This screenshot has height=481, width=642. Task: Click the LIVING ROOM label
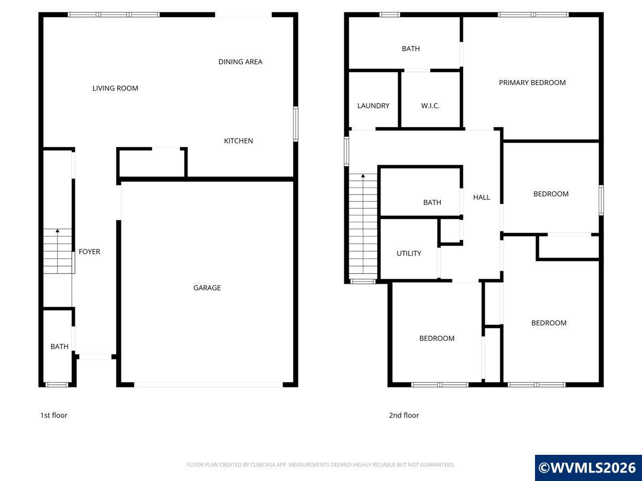[x=115, y=88]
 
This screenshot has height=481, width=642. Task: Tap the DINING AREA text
[x=240, y=61]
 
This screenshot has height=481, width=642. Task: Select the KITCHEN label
[x=239, y=141]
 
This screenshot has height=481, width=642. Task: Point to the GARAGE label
[x=207, y=288]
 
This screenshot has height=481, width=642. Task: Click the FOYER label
[x=89, y=251]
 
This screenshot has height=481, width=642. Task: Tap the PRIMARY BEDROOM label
[x=532, y=83]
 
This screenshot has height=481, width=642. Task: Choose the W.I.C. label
[x=430, y=106]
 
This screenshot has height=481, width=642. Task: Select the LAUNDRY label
[x=373, y=106]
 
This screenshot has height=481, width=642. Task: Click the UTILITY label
[x=409, y=253]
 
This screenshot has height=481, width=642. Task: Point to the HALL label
[x=481, y=197]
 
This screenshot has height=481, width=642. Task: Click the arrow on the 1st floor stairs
[x=58, y=251]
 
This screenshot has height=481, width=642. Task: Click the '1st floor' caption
[x=54, y=415]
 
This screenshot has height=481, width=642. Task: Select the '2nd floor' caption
[x=404, y=415]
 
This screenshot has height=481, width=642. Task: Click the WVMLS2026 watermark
[x=588, y=468]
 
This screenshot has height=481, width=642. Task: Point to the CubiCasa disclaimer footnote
[x=321, y=464]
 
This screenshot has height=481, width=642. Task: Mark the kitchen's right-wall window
[x=296, y=124]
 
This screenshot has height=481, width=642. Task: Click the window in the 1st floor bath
[x=57, y=385]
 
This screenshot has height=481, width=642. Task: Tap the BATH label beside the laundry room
[x=411, y=49]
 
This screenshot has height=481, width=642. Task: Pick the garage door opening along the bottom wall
[x=209, y=385]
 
